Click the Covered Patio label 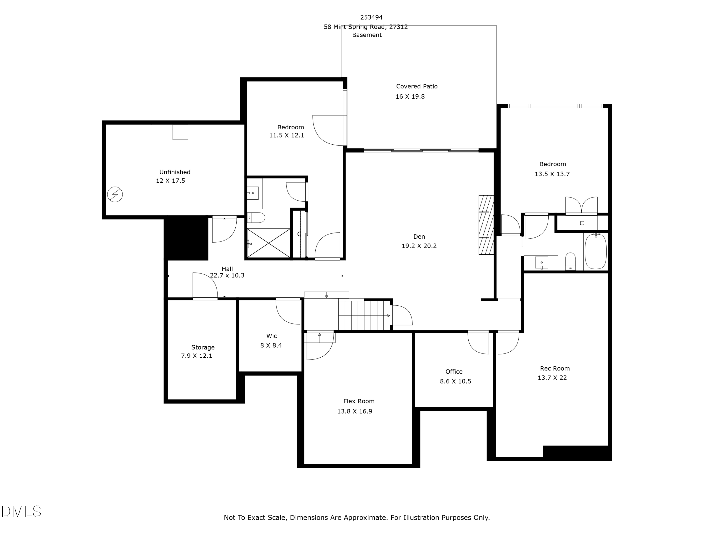click(x=417, y=86)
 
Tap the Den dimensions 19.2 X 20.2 click(x=419, y=246)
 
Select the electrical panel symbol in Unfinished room click(x=115, y=194)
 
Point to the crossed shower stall click(x=268, y=243)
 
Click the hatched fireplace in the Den click(x=486, y=225)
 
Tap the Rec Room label click(x=555, y=368)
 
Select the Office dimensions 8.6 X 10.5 click(x=456, y=381)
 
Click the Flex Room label click(x=359, y=401)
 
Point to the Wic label click(x=272, y=336)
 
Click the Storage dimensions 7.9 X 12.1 click(x=197, y=356)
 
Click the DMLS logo click(x=21, y=511)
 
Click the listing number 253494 click(x=371, y=17)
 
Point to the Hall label click(x=227, y=269)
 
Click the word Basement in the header click(x=367, y=35)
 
